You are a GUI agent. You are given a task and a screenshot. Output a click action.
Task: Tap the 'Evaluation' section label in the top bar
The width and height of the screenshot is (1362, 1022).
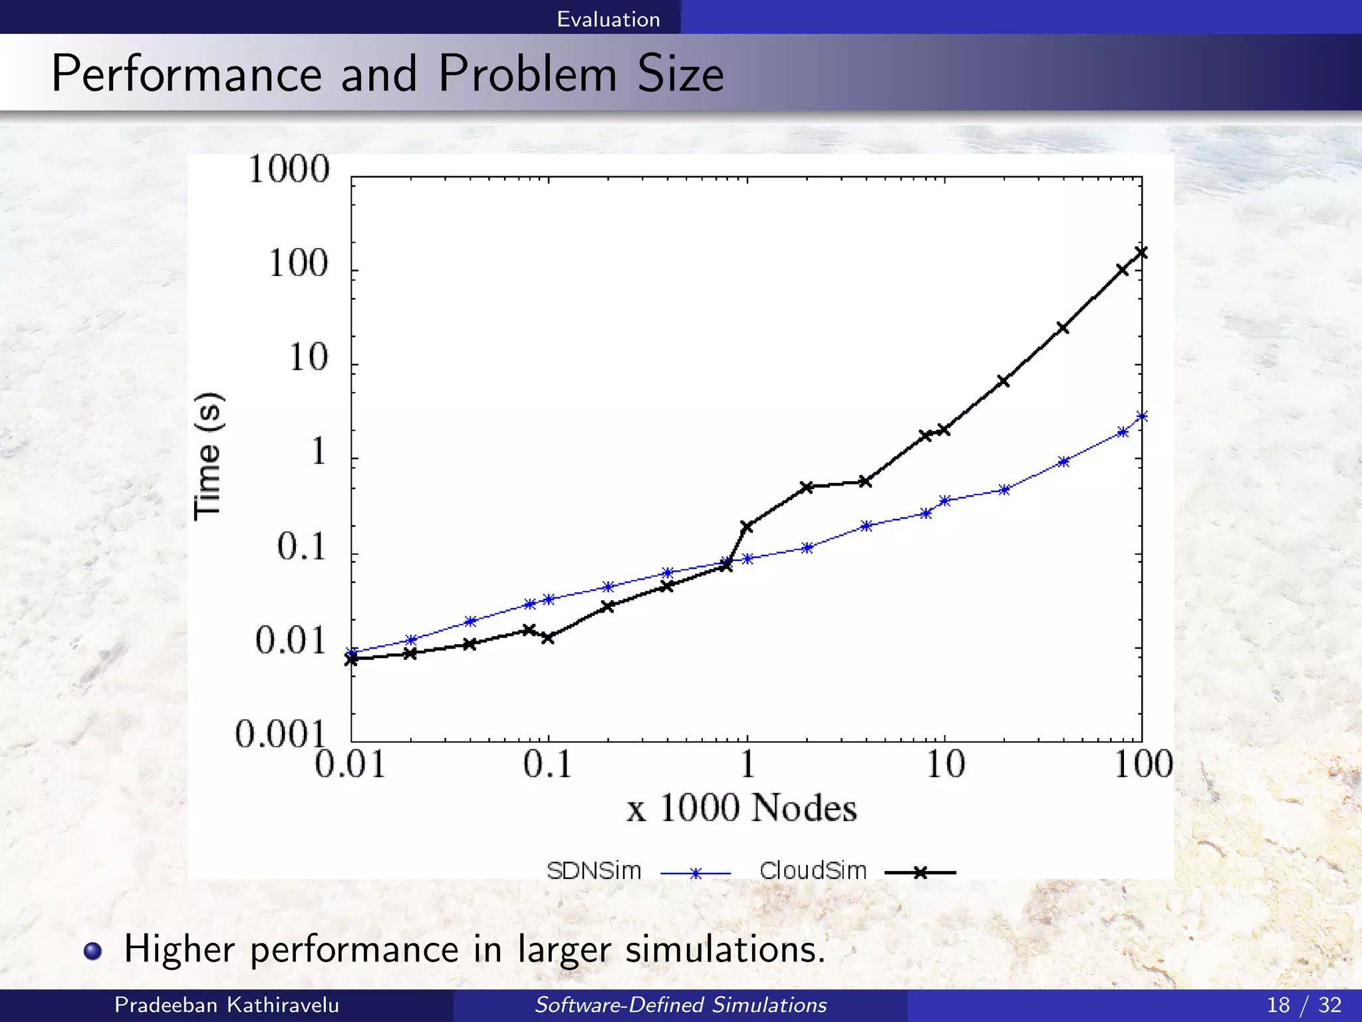(x=608, y=19)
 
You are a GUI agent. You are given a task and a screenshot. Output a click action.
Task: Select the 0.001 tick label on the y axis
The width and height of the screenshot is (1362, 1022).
(x=280, y=735)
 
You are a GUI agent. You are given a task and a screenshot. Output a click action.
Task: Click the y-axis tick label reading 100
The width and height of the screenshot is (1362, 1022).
(x=299, y=263)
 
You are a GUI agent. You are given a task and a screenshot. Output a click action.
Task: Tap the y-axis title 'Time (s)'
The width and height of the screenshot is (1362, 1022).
(x=208, y=456)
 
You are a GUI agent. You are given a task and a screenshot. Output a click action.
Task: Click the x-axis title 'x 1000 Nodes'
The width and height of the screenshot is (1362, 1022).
(x=742, y=808)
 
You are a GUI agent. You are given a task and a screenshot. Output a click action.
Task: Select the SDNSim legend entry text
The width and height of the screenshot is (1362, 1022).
(x=593, y=871)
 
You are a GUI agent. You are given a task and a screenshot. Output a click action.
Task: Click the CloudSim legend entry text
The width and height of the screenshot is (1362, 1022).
(x=813, y=871)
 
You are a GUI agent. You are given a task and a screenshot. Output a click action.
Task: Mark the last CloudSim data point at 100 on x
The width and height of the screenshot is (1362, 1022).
(x=1142, y=252)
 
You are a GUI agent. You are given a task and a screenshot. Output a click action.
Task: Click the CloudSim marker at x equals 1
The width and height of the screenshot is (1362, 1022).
(x=747, y=527)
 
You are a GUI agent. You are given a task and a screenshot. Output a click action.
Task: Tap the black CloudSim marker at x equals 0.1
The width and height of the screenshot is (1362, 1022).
(x=548, y=637)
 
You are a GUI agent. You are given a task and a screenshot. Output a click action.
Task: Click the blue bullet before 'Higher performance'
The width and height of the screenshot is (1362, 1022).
(x=93, y=951)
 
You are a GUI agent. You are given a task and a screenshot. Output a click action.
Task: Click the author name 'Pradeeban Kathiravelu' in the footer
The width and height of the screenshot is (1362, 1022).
(x=227, y=1005)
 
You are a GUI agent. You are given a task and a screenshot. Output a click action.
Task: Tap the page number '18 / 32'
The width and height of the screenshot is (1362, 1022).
(x=1303, y=1005)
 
